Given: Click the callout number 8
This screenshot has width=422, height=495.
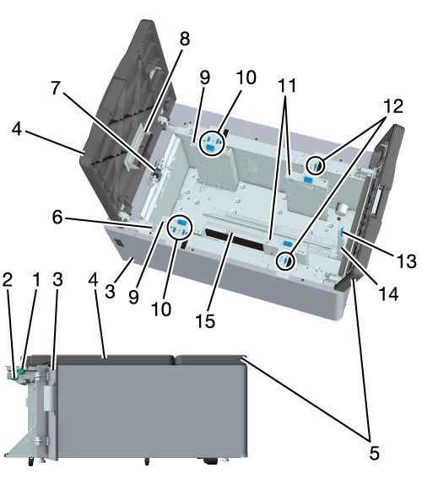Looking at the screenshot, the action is tap(185, 39).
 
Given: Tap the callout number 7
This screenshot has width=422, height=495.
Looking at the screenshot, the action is tap(56, 88).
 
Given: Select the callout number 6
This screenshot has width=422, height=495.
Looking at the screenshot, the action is tap(57, 218).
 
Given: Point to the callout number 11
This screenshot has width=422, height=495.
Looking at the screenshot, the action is tap(287, 85).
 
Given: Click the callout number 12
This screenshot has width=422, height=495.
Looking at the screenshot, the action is tap(393, 106).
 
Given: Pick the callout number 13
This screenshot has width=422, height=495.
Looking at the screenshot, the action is tap(407, 261).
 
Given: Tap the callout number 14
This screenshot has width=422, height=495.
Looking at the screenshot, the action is tap(388, 294).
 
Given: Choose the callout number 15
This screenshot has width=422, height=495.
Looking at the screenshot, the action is tap(205, 321).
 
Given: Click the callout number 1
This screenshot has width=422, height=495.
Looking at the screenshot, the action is tap(37, 280).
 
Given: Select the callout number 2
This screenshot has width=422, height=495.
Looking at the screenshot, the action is tap(8, 280).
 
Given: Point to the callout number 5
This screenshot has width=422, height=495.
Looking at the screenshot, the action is tap(374, 454).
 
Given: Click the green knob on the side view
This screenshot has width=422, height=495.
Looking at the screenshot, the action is tap(21, 372).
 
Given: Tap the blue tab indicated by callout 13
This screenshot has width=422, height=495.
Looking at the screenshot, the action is tap(343, 234).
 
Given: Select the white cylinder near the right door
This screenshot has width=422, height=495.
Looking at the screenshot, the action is tap(342, 208).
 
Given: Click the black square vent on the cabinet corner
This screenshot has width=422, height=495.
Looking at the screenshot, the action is tap(119, 243).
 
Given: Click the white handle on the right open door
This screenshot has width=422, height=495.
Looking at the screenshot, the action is tap(376, 202).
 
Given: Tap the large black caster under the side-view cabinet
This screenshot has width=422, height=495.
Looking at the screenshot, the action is tap(210, 461).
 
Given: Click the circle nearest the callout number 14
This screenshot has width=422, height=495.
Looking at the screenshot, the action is tap(285, 261).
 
